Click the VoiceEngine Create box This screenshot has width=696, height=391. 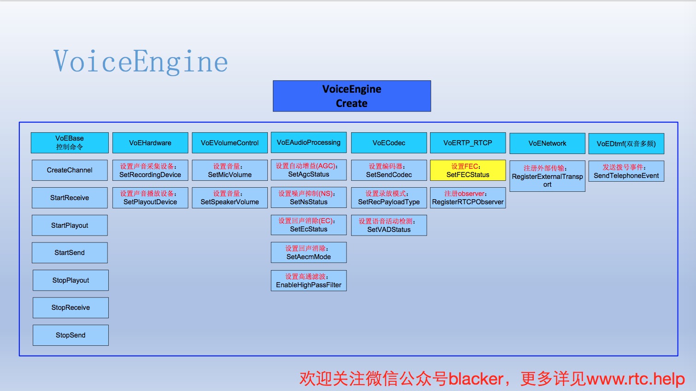pyautogui.click(x=352, y=96)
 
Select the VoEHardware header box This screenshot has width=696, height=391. pyautogui.click(x=150, y=143)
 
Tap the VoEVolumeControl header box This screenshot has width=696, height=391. pyautogui.click(x=230, y=143)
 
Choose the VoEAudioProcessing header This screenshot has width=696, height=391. pyautogui.click(x=308, y=142)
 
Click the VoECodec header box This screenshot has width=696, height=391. pyautogui.click(x=389, y=143)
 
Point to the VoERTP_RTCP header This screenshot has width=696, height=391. pyautogui.click(x=467, y=143)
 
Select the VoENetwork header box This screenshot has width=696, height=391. pyautogui.click(x=547, y=143)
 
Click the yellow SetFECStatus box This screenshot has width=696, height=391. pyautogui.click(x=467, y=171)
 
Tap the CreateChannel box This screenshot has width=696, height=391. pyautogui.click(x=70, y=170)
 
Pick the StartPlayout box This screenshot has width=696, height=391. pyautogui.click(x=70, y=225)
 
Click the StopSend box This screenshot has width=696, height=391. pyautogui.click(x=71, y=335)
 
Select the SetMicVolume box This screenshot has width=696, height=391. pyautogui.click(x=230, y=171)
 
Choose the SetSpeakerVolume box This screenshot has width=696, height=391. pyautogui.click(x=230, y=198)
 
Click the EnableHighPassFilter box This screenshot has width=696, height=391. pyautogui.click(x=308, y=281)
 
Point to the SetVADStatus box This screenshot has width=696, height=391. pyautogui.click(x=389, y=225)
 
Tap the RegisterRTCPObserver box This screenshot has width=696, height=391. pyautogui.click(x=467, y=198)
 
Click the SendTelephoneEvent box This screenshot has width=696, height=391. pyautogui.click(x=626, y=171)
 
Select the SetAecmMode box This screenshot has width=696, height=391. pyautogui.click(x=308, y=253)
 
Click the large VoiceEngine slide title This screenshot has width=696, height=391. pyautogui.click(x=141, y=62)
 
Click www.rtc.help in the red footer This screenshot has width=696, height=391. pyautogui.click(x=635, y=379)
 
